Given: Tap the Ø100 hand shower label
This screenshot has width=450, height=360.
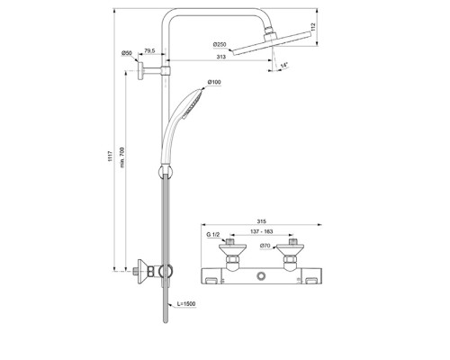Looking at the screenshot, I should [214, 83].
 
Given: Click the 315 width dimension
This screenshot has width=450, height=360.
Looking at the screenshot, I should [261, 219].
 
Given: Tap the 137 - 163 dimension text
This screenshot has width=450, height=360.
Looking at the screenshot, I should [261, 231].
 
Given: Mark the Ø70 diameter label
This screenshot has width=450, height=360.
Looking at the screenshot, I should [265, 245].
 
